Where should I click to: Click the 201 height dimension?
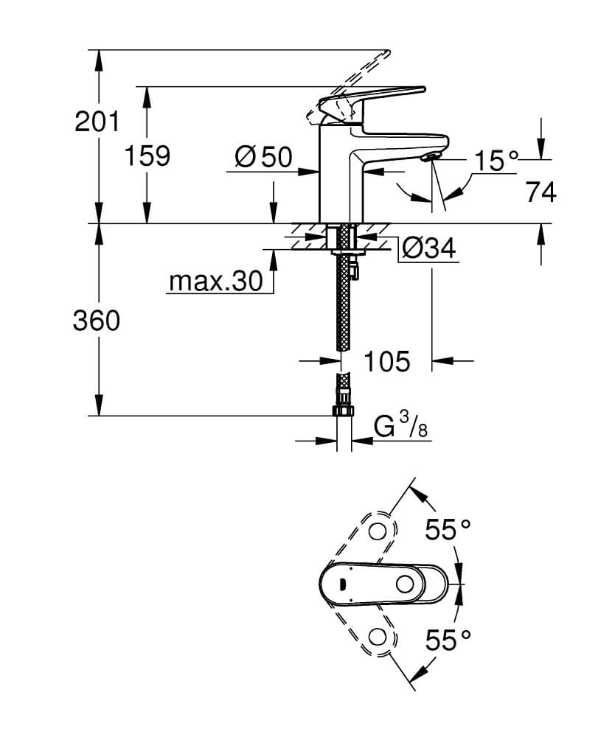[97, 122]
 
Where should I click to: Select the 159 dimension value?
[147, 156]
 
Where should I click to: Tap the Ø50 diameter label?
[264, 157]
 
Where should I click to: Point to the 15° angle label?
[496, 161]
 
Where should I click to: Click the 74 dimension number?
[541, 192]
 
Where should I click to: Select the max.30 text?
[216, 282]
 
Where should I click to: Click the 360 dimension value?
[97, 321]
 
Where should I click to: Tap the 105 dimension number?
[387, 361]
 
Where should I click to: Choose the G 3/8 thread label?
[401, 425]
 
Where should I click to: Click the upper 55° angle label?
[448, 530]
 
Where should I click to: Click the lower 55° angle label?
[448, 640]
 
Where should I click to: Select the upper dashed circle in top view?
[377, 532]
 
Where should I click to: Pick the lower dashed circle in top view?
[377, 638]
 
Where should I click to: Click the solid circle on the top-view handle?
[405, 584]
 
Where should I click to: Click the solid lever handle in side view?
[372, 97]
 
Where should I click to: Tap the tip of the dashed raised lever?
[389, 50]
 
